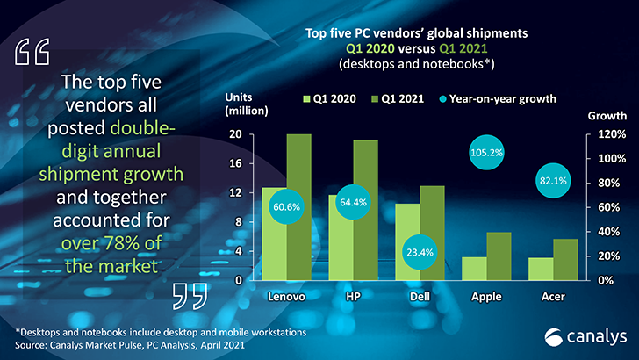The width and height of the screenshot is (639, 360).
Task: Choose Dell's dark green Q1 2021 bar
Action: [x=433, y=233]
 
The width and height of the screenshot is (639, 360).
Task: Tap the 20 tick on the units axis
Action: [x=236, y=134]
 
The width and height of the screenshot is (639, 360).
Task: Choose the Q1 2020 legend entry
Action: [x=329, y=98]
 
